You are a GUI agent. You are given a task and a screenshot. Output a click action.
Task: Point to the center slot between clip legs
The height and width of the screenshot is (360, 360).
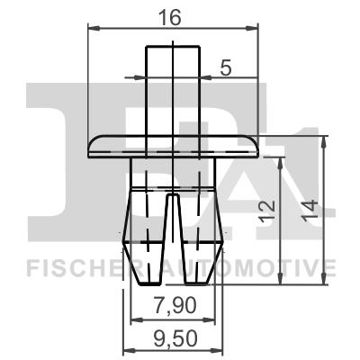171,225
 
